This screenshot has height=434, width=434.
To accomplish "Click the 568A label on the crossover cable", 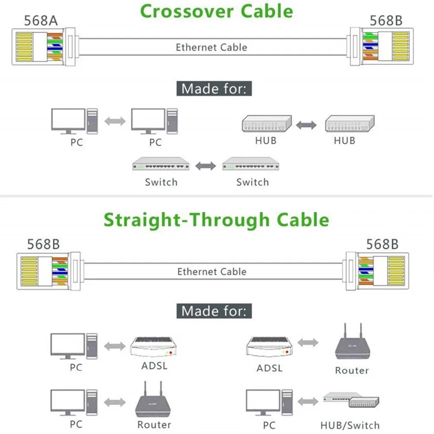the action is tap(41, 21).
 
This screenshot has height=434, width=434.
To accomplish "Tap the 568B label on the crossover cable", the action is tap(386, 21).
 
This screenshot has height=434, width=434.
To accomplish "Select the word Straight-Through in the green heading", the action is tap(187, 220).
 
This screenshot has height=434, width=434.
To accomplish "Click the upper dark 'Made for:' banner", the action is tap(214, 89).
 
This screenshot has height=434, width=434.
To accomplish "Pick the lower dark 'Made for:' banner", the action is tap(214, 311).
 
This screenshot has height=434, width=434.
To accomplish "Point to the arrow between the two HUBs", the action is tap(306, 125).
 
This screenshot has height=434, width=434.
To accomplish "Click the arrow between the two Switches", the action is tap(205, 166).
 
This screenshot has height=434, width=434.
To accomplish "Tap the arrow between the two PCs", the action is tap(115, 121).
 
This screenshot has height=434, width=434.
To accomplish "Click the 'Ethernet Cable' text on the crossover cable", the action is tap(211, 47).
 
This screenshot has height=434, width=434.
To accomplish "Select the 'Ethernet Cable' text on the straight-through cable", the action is tap(212, 272).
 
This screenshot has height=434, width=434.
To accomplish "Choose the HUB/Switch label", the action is tap(350, 425).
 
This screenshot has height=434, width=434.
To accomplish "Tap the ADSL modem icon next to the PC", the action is tap(153, 346).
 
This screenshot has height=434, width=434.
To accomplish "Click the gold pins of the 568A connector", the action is tap(24, 46).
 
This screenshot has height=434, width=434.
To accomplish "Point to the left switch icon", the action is tap(161, 164).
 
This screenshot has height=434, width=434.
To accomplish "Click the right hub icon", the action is tap(350, 123).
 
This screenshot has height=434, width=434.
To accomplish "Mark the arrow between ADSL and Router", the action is tap(308, 343).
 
